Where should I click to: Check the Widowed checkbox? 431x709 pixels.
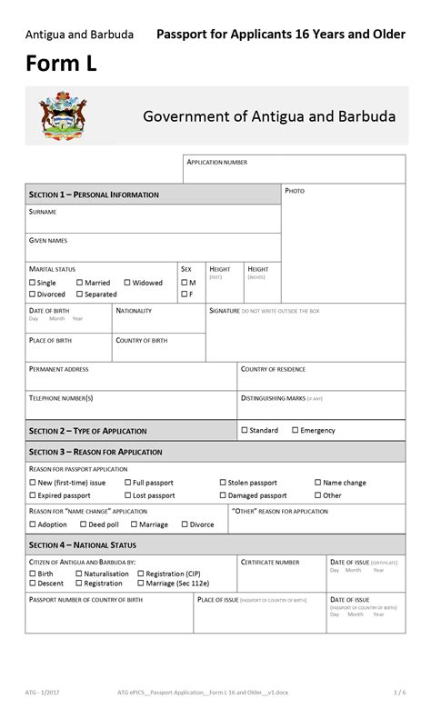click(x=127, y=283)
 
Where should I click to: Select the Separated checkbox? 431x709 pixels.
click(x=80, y=295)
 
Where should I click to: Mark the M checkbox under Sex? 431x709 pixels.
click(x=183, y=283)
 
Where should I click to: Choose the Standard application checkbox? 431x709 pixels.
click(x=245, y=430)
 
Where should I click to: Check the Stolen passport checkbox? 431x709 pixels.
click(x=223, y=483)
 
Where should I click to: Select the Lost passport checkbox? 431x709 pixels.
click(x=127, y=495)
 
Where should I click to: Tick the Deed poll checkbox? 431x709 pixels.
click(x=82, y=524)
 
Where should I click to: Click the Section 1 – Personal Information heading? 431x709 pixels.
click(x=94, y=195)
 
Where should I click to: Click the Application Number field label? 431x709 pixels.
click(x=216, y=163)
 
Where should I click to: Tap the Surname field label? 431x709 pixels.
click(x=43, y=212)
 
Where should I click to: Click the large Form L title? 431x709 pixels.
click(x=61, y=65)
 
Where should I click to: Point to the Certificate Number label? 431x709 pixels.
click(x=270, y=563)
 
